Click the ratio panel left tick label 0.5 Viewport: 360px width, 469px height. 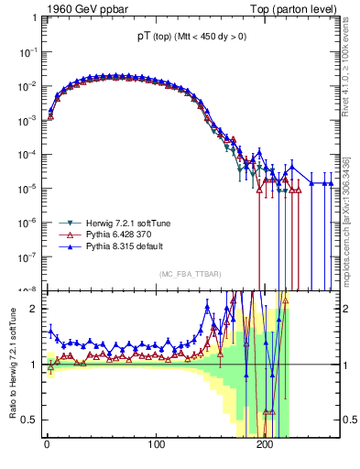point(29,420)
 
